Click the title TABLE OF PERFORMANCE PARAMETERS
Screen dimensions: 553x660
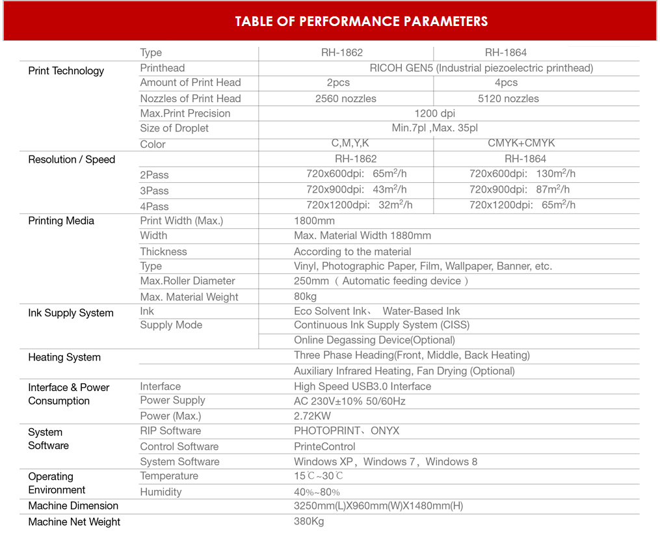pos(361,21)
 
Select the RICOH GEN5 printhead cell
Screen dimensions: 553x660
pos(481,68)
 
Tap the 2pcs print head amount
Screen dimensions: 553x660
pos(338,83)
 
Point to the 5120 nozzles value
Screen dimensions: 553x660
pos(508,99)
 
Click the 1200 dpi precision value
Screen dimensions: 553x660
pos(434,113)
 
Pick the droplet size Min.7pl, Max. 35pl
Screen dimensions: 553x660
pos(434,128)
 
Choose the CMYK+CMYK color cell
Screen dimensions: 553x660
pos(521,143)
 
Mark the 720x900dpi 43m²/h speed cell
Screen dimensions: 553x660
pos(356,189)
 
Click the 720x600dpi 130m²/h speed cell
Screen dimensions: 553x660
pos(522,174)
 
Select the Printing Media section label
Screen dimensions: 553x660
pos(61,221)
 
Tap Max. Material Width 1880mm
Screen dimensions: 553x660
pos(362,236)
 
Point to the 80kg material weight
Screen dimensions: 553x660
pos(305,297)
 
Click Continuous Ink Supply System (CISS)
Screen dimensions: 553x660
pos(382,325)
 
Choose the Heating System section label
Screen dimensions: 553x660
pos(64,357)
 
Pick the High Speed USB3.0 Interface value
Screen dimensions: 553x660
pos(362,386)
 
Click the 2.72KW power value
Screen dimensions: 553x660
pos(312,416)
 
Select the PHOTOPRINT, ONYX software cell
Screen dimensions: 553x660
pos(347,431)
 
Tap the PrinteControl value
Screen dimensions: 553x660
pos(324,446)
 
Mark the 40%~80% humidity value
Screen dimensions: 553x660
pos(317,492)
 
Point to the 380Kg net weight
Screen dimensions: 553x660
pos(309,521)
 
